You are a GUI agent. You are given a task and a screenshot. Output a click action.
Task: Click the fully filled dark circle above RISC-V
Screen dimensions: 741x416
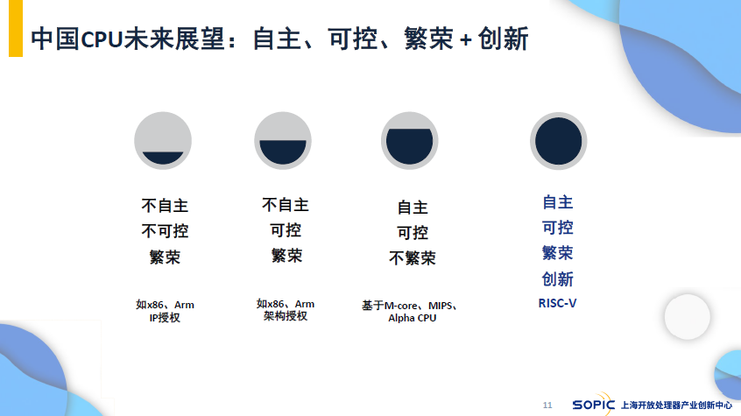tap(558, 141)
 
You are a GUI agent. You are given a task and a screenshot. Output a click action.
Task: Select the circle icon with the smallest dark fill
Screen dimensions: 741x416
tap(163, 141)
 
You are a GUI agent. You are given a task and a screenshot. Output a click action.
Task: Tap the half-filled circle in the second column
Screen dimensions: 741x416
tap(283, 141)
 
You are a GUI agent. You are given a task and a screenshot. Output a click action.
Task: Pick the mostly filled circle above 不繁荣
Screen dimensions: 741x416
tap(410, 141)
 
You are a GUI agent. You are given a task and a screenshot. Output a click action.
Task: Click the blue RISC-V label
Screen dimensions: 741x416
tap(558, 303)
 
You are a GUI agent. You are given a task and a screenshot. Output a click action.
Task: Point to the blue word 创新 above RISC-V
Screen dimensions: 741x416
tap(558, 279)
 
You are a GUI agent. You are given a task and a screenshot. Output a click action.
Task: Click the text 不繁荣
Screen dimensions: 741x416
tap(413, 258)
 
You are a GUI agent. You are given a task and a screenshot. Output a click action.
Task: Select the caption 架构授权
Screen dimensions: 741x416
tap(286, 316)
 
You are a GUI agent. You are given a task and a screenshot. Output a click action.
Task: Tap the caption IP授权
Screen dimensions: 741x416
tap(165, 318)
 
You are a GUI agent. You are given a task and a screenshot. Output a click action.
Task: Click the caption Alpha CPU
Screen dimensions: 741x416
tap(412, 318)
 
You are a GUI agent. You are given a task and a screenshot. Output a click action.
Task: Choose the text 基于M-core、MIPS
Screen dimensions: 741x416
tap(407, 306)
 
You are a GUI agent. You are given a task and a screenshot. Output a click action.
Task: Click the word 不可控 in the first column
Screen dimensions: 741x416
tap(165, 231)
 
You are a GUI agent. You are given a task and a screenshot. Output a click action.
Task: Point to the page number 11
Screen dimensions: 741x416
tap(547, 405)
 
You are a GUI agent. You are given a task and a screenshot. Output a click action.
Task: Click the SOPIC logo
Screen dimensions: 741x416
tap(593, 405)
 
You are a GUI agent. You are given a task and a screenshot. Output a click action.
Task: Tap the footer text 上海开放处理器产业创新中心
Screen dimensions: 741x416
tap(676, 405)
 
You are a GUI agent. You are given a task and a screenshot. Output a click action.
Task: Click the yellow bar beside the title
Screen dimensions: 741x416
tap(16, 28)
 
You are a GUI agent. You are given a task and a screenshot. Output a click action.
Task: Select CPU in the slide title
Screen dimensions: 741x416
tap(102, 39)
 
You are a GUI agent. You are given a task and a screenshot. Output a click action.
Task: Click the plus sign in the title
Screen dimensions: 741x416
tap(465, 40)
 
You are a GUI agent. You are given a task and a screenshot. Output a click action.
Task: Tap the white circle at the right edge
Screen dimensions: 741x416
tap(687, 317)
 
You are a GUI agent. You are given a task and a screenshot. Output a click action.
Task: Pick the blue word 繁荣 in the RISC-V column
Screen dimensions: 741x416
tap(558, 253)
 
